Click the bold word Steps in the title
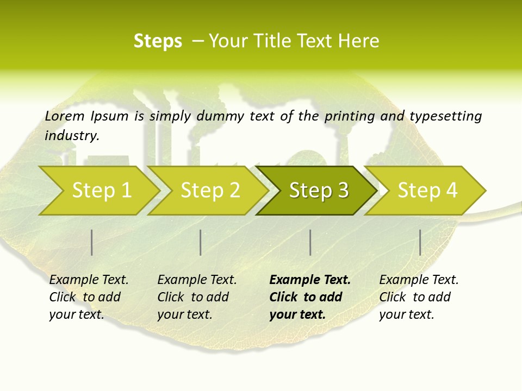(x=158, y=41)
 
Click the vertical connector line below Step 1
(x=92, y=242)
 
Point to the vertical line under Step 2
(x=201, y=242)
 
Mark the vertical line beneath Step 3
(x=310, y=242)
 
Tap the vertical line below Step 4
(x=420, y=242)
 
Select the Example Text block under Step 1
(x=89, y=297)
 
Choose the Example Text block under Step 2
(x=197, y=297)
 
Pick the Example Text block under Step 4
(x=419, y=297)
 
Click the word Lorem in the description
(x=65, y=116)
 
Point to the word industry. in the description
(x=72, y=136)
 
